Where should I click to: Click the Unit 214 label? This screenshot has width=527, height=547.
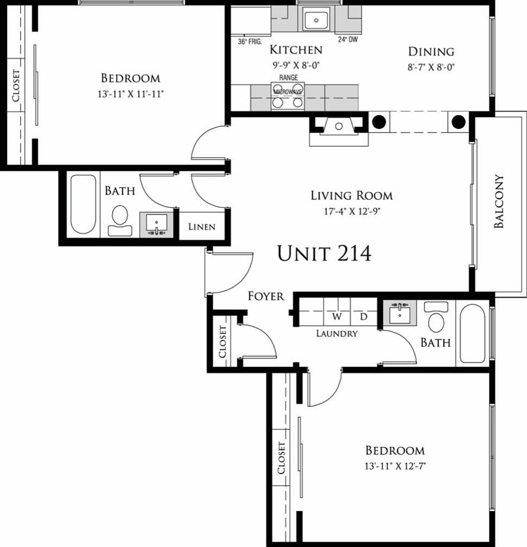point(324,253)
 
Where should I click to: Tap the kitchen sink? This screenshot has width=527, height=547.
point(316,21)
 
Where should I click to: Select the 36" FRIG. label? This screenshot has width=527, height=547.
point(250,41)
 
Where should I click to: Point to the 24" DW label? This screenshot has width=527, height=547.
point(348,39)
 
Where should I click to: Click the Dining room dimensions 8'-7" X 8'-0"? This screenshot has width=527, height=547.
point(431,68)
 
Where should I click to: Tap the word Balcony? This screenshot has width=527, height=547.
point(499,201)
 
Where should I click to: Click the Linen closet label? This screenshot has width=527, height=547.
point(202,227)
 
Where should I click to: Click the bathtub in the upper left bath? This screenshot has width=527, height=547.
point(83,204)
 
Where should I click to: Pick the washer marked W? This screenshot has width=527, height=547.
point(337,316)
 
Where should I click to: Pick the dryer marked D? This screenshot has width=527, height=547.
point(363,316)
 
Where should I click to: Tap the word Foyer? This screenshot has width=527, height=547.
point(266,296)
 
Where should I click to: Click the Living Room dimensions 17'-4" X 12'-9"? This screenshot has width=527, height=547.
point(351,212)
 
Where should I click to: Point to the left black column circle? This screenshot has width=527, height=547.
point(380,122)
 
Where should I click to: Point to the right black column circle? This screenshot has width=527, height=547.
point(458,122)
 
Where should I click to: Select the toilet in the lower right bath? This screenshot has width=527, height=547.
point(436,319)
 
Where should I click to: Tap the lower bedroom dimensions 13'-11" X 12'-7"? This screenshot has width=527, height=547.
point(395,466)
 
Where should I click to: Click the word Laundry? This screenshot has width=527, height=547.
point(337,334)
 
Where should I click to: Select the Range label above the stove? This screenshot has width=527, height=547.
point(288,78)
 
